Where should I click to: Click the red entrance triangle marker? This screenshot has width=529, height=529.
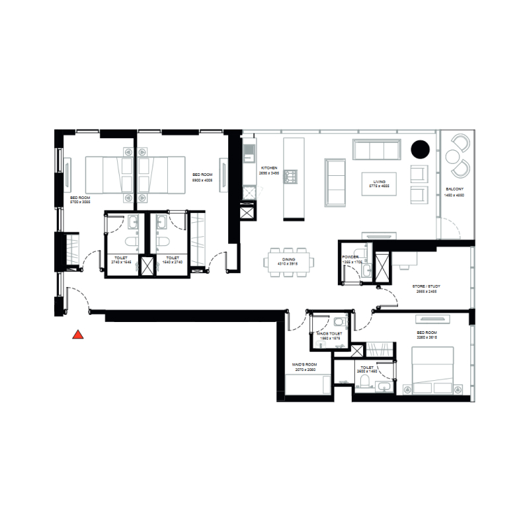(78, 335)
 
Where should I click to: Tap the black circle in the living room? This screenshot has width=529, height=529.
(420, 149)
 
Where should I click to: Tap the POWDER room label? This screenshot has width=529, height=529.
(350, 258)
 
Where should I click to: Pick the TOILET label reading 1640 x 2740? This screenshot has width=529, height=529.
(173, 261)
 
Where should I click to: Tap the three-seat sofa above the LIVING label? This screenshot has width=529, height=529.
(376, 149)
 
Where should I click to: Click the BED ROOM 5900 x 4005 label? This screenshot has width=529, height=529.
(202, 178)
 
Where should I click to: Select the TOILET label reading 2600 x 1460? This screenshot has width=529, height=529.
(366, 369)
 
